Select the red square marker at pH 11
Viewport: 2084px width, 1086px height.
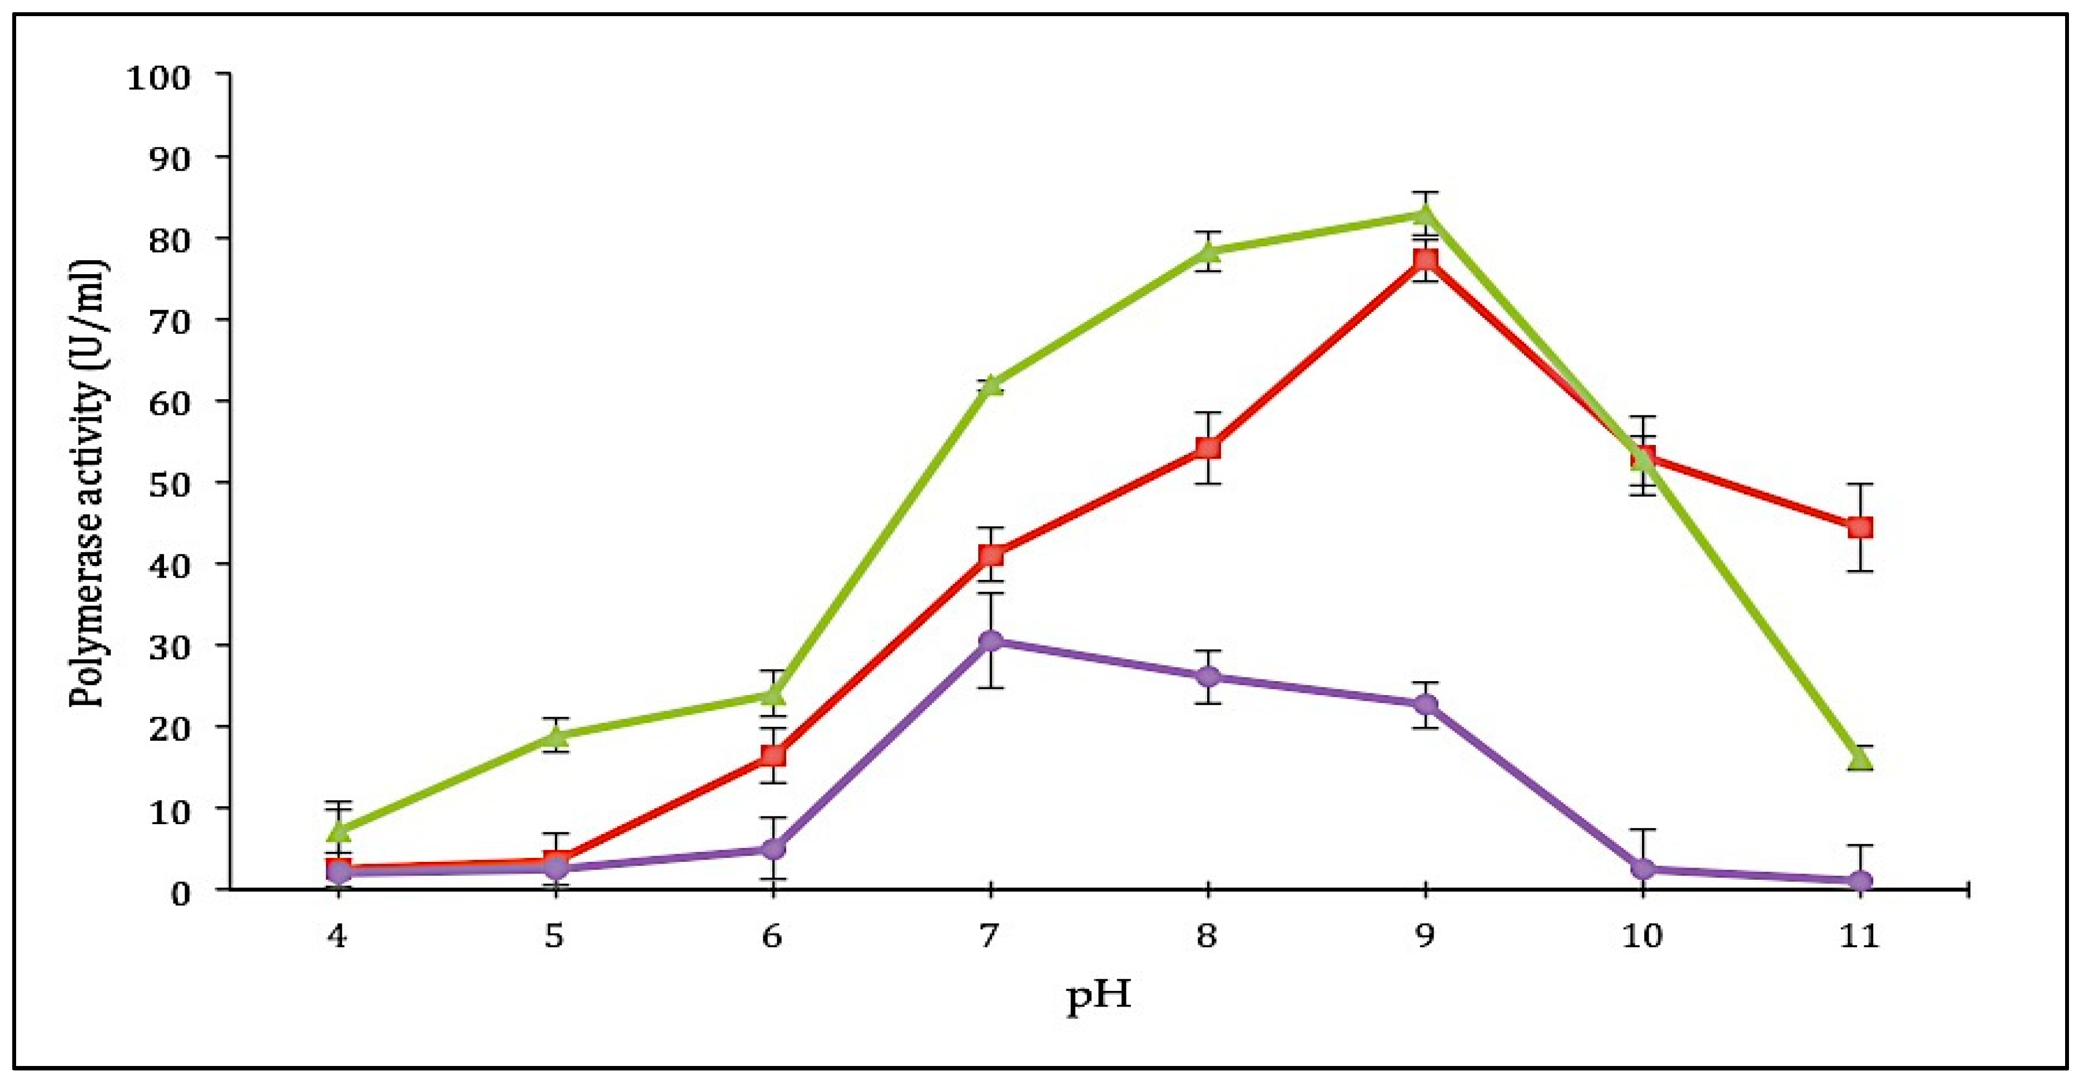1860,528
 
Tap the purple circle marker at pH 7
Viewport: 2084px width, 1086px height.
990,641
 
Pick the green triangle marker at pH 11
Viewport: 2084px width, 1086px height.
1860,758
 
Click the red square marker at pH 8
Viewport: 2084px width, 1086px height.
1208,448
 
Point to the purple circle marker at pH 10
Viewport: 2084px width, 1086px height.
1643,869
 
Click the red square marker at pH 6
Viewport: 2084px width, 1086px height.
772,756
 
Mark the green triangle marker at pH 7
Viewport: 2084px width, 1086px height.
990,385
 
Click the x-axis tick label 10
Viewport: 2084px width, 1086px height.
1643,937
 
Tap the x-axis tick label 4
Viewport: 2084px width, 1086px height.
336,937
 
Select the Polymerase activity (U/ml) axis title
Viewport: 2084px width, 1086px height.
87,484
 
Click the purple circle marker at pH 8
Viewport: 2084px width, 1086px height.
1208,677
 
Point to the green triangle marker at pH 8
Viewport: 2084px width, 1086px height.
1208,252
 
